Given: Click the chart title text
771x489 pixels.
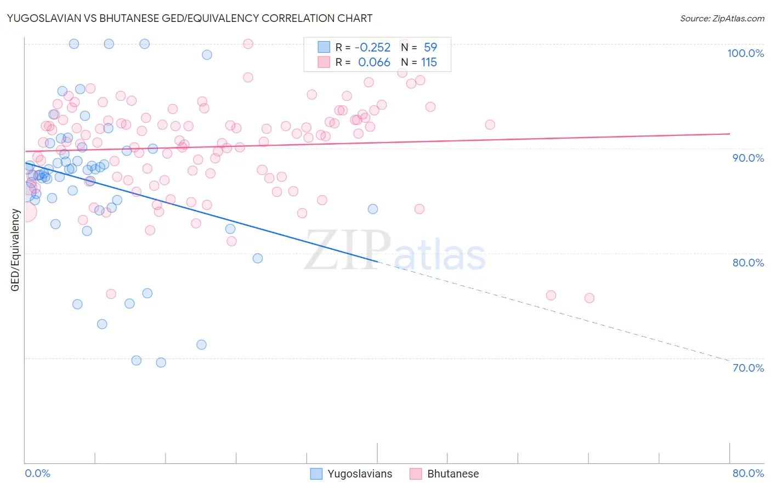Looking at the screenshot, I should [189, 18].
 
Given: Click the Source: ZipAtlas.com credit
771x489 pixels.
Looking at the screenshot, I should [722, 19].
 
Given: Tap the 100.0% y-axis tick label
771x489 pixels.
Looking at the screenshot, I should [745, 53].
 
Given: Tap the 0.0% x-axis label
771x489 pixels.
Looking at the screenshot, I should [37, 473].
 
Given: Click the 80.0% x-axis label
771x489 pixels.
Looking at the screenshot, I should [748, 473].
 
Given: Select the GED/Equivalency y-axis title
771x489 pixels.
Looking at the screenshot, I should [15, 250].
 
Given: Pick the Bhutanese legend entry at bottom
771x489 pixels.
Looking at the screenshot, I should [453, 474].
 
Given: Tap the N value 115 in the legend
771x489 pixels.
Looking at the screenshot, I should [429, 62].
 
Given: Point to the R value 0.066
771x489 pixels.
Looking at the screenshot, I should [374, 62].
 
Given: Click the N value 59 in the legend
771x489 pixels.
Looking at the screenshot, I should [430, 48].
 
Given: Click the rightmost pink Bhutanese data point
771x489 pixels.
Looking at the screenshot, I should [589, 298].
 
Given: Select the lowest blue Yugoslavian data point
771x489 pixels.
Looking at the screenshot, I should [161, 362].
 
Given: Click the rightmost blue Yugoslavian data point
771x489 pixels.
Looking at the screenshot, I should [373, 209].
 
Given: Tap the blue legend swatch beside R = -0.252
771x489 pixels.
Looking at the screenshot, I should [324, 47].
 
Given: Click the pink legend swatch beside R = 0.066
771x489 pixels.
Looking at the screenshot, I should [324, 62].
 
